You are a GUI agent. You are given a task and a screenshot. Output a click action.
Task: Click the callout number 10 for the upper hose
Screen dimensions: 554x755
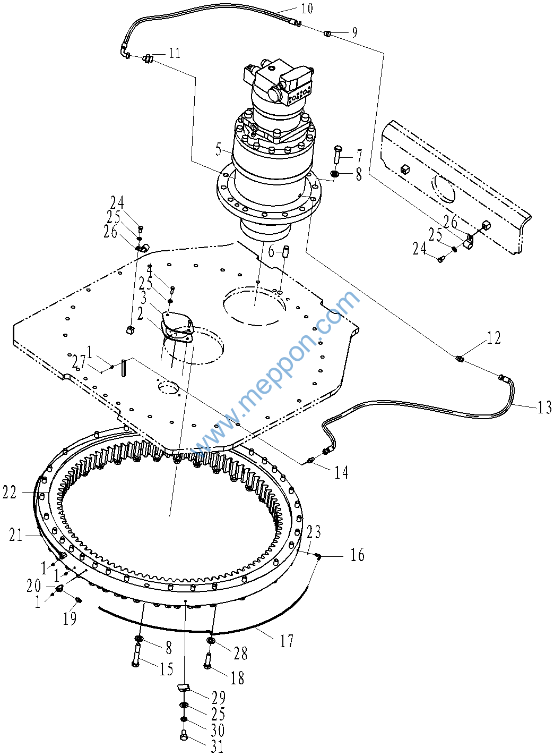[306, 8]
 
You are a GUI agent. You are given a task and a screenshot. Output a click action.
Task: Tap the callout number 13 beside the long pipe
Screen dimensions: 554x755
[544, 407]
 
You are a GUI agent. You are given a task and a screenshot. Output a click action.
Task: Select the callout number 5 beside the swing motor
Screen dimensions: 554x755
[219, 149]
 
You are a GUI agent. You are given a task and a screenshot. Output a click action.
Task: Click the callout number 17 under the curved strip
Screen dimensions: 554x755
[287, 641]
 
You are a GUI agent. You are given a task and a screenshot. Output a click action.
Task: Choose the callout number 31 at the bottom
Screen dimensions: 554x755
[217, 747]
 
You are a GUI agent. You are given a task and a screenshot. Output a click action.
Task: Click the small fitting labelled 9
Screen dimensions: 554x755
[327, 33]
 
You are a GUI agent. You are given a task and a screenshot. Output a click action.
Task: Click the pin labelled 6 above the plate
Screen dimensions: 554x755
[285, 251]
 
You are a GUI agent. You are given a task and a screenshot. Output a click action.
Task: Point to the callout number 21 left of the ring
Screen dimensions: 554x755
[16, 535]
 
